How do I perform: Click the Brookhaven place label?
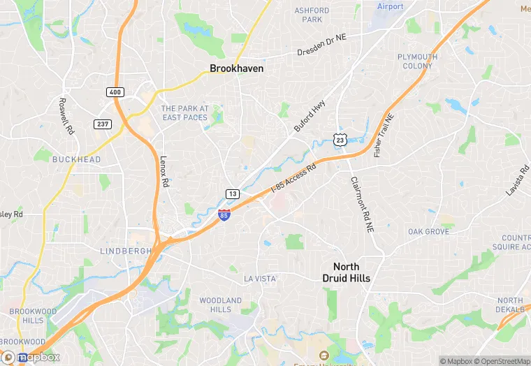(x=237, y=69)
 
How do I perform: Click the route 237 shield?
(x=103, y=124)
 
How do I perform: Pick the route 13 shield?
(x=233, y=193)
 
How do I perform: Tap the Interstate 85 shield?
(x=224, y=215)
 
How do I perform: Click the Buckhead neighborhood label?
(x=77, y=159)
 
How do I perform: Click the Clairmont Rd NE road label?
(x=363, y=204)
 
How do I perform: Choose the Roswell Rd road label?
(x=66, y=115)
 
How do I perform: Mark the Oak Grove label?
(x=429, y=231)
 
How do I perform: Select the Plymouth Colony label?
(x=418, y=61)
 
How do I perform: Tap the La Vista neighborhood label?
(x=260, y=279)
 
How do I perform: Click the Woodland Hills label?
(x=220, y=305)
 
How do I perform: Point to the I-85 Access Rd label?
(x=293, y=179)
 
